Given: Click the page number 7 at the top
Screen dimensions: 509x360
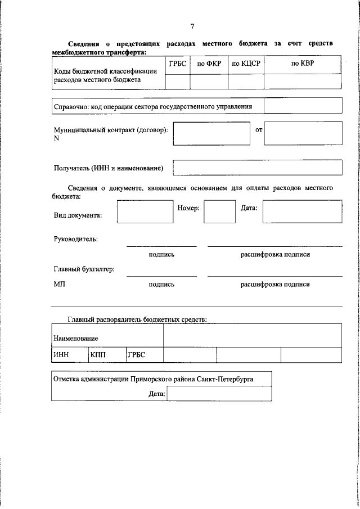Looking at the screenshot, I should pyautogui.click(x=192, y=26).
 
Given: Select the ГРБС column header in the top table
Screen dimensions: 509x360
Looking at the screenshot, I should pyautogui.click(x=177, y=64).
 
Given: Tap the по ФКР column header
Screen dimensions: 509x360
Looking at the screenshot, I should pyautogui.click(x=209, y=64).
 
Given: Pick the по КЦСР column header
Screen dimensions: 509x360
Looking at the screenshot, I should pyautogui.click(x=246, y=64).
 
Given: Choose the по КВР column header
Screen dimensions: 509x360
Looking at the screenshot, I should pyautogui.click(x=303, y=64).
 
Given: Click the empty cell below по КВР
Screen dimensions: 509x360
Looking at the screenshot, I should pyautogui.click(x=303, y=82).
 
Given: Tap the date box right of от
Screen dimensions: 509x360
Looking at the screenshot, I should pyautogui.click(x=303, y=134).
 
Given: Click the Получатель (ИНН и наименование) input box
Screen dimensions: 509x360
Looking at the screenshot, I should pyautogui.click(x=257, y=168).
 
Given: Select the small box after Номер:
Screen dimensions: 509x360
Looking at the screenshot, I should pyautogui.click(x=219, y=212).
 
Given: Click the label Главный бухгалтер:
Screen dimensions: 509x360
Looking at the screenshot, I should pyautogui.click(x=84, y=269).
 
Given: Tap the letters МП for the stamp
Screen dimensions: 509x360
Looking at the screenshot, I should pyautogui.click(x=60, y=285).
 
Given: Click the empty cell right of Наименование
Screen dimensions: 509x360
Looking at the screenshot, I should pyautogui.click(x=252, y=336).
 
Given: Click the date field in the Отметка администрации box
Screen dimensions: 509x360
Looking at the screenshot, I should pyautogui.click(x=218, y=394).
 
